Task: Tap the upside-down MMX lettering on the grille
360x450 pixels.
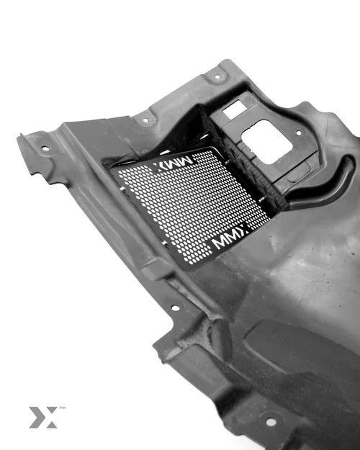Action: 172,163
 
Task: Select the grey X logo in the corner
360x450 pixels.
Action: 43,418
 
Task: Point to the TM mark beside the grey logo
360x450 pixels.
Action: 63,408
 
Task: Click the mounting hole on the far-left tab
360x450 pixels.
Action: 45,148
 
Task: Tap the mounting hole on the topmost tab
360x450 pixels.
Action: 217,76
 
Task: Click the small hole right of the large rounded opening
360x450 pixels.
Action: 299,133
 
